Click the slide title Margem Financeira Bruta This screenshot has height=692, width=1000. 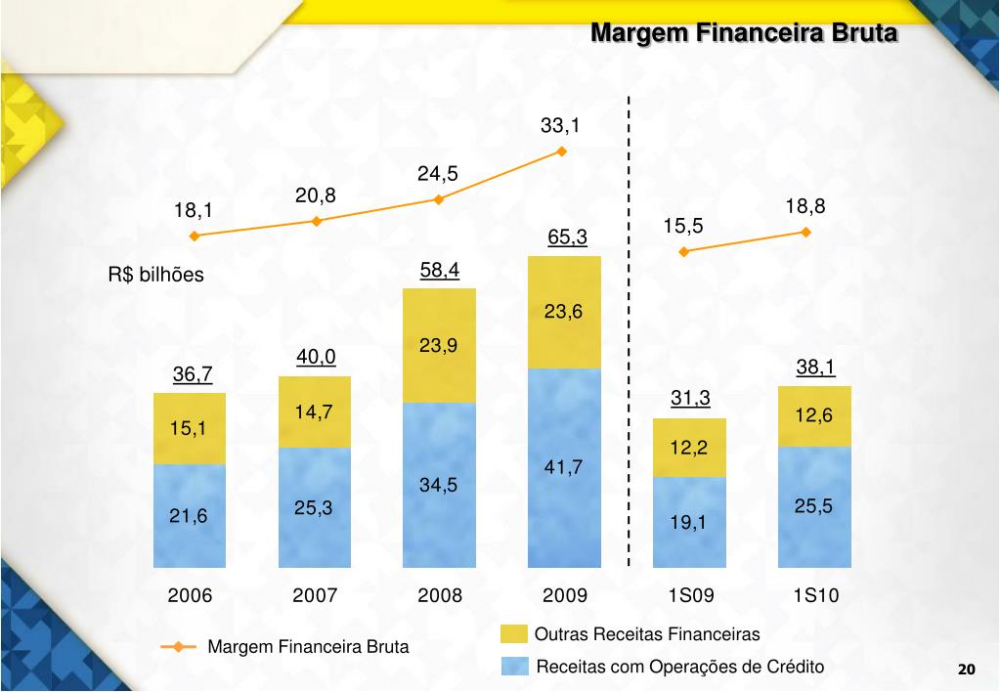pyautogui.click(x=744, y=33)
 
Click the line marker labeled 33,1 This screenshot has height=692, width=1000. pyautogui.click(x=562, y=151)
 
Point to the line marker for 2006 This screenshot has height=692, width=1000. pyautogui.click(x=195, y=236)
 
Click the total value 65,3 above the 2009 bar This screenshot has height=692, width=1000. pyautogui.click(x=567, y=238)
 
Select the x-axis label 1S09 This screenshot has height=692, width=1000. pyautogui.click(x=690, y=595)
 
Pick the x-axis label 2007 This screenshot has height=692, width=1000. pyautogui.click(x=315, y=595)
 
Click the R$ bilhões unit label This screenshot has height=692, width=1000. pyautogui.click(x=156, y=275)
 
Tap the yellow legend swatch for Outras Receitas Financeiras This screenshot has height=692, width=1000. pyautogui.click(x=514, y=634)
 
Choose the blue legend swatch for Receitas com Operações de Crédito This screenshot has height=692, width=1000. pyautogui.click(x=514, y=667)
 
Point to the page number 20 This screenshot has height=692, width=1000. pyautogui.click(x=966, y=670)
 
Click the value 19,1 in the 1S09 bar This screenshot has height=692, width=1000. pyautogui.click(x=688, y=523)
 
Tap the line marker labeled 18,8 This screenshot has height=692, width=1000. pyautogui.click(x=806, y=232)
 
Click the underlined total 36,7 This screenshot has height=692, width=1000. pyautogui.click(x=193, y=374)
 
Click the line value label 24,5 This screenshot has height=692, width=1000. pyautogui.click(x=438, y=174)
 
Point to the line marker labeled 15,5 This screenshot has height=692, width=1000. pyautogui.click(x=684, y=251)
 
